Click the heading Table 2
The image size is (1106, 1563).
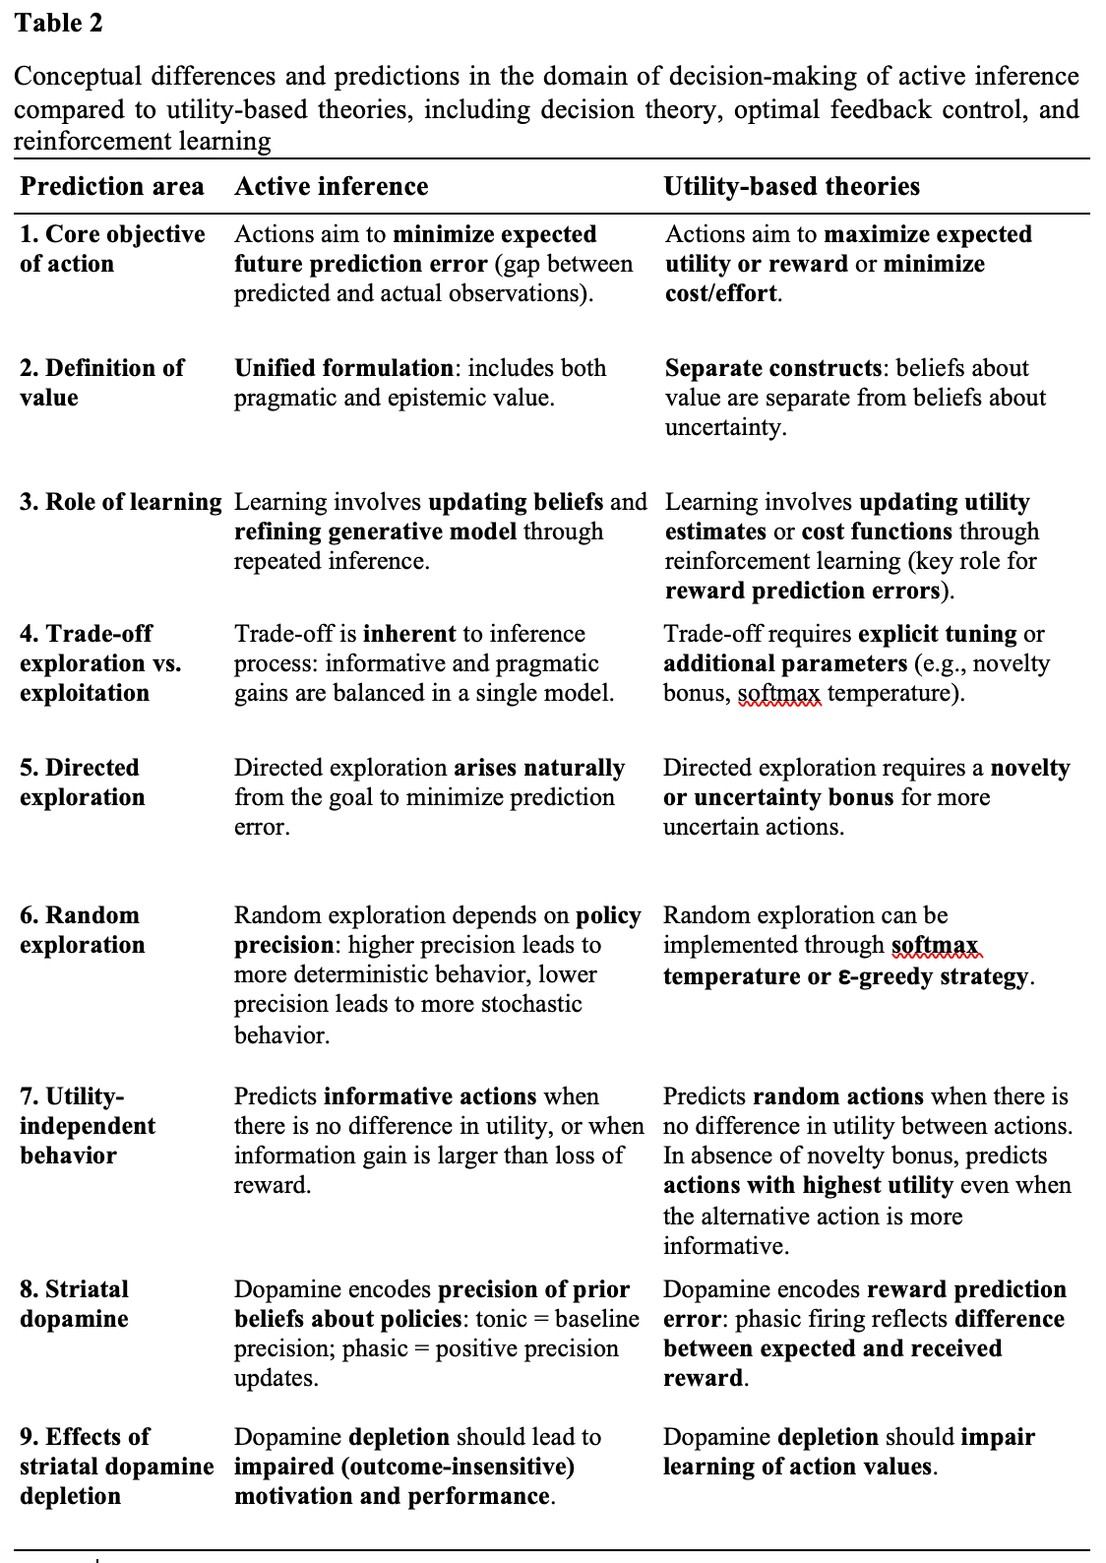click(59, 23)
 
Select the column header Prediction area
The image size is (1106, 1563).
click(112, 186)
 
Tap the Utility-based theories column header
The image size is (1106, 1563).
click(792, 186)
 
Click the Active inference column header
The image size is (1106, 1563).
click(332, 186)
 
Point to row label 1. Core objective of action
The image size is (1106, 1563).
click(112, 249)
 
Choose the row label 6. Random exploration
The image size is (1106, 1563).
click(82, 930)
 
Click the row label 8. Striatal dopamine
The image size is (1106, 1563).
click(74, 1304)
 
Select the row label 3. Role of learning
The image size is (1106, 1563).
click(121, 502)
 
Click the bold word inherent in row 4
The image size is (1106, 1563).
click(409, 634)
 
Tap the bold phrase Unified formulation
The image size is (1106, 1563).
click(343, 368)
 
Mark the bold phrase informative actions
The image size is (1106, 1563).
click(430, 1096)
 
